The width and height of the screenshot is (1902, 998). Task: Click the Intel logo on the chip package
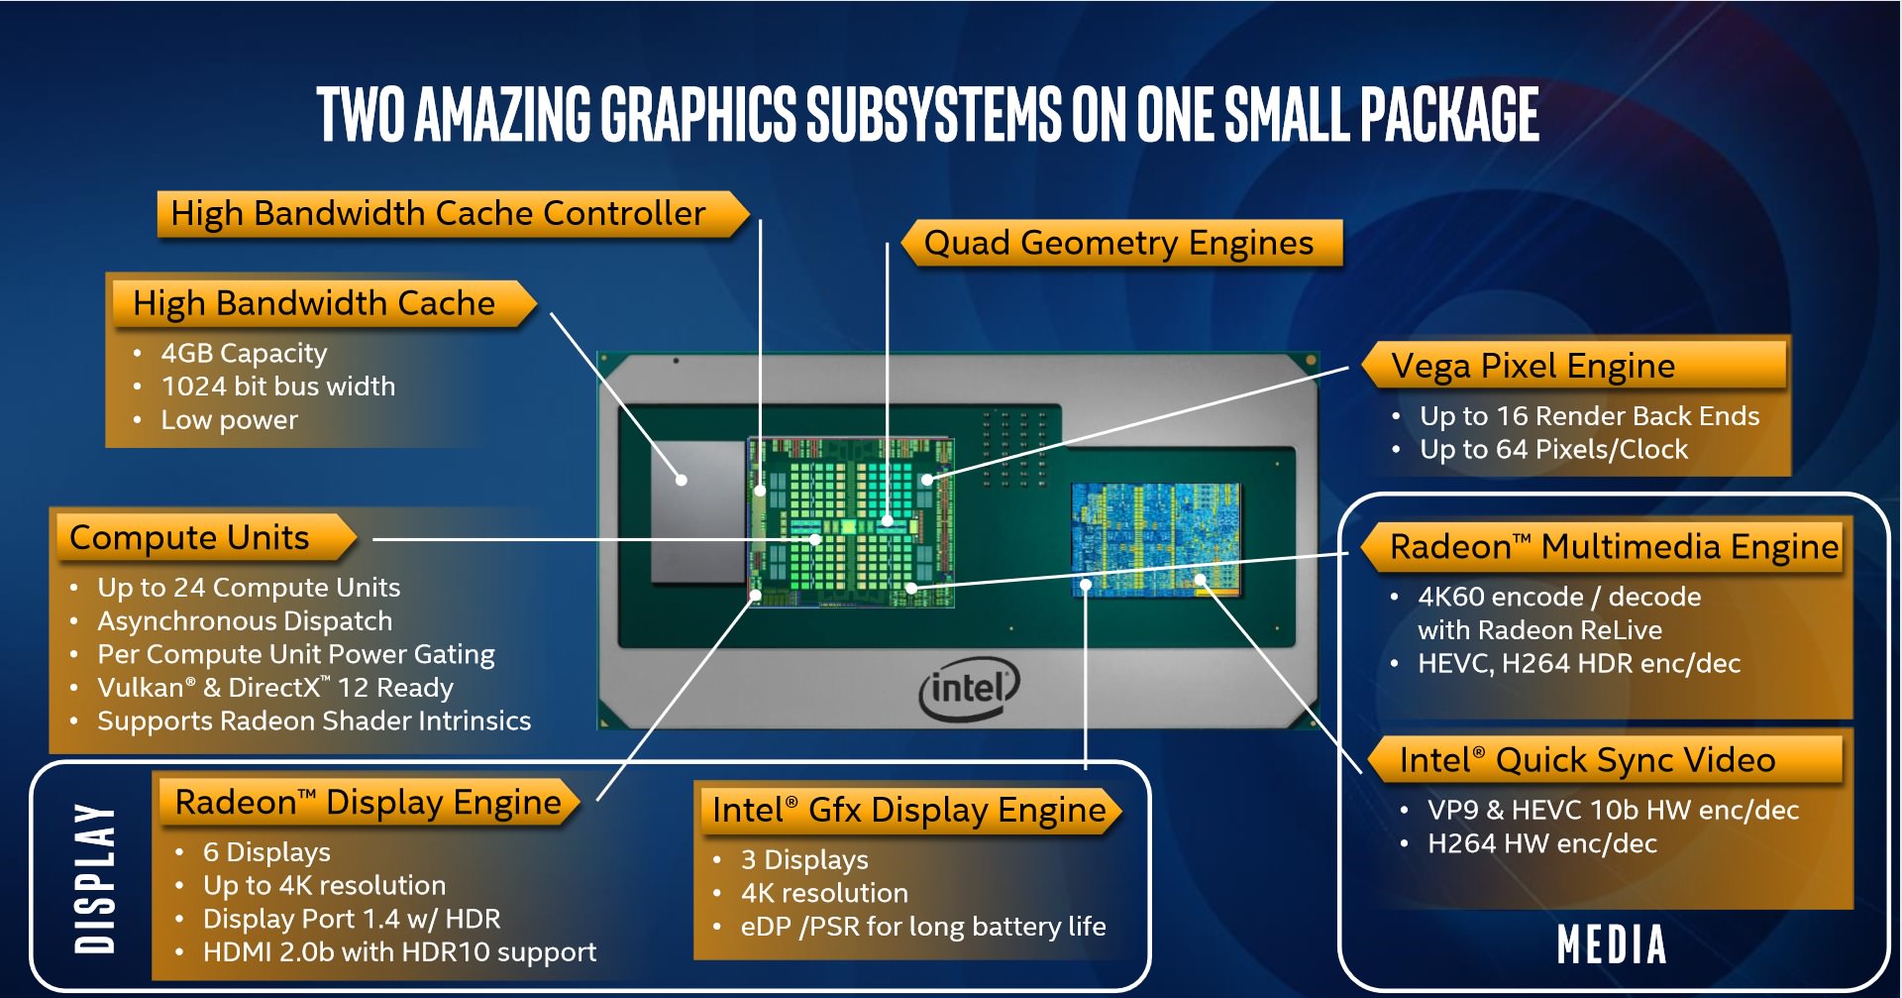coord(969,688)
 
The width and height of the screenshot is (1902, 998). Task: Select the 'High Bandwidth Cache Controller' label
coord(438,213)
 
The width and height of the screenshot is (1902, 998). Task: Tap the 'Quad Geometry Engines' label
coord(1118,243)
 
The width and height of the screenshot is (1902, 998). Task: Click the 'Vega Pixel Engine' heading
coord(1532,366)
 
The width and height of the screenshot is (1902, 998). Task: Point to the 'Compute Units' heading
coord(189,537)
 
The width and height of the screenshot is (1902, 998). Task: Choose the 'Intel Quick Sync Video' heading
coord(1586,760)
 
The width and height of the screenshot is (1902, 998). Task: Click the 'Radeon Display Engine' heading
coord(368,802)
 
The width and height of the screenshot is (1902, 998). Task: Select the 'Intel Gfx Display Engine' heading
coord(908,811)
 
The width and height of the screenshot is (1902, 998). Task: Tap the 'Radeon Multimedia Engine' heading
coord(1613,547)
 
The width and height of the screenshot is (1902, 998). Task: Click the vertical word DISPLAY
coord(96,878)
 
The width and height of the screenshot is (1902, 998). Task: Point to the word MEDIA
coord(1612,944)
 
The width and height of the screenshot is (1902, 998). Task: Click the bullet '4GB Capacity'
coord(244,353)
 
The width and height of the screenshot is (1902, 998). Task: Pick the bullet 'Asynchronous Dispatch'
coord(245,621)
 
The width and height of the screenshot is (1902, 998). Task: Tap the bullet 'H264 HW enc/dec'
coord(1541,843)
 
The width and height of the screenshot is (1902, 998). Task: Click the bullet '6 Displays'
coord(266,852)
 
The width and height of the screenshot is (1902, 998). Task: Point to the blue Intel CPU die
coord(1155,540)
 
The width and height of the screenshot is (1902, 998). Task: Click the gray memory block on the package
coord(697,511)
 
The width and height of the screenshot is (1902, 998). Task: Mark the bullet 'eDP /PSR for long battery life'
coord(922,927)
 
